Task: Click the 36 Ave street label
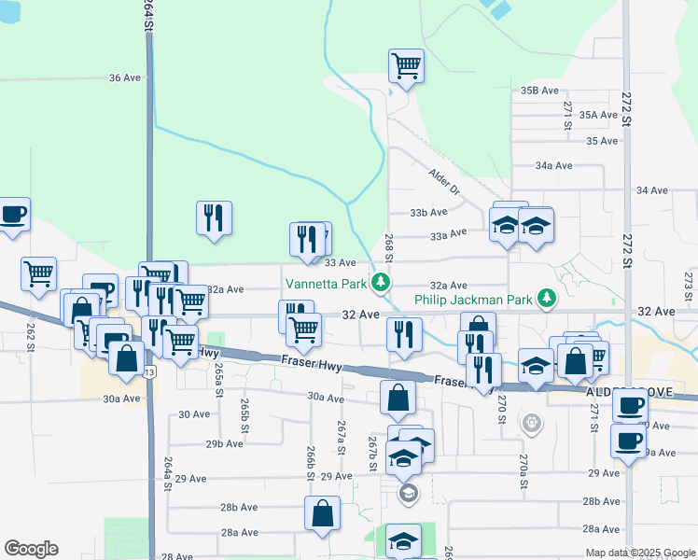click(x=124, y=77)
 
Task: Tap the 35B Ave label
click(x=539, y=91)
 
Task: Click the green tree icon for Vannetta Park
click(x=380, y=282)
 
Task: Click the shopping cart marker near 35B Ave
click(x=406, y=66)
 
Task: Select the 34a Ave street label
click(x=553, y=165)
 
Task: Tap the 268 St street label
click(x=389, y=247)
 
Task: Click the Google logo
click(x=31, y=549)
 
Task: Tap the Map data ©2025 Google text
click(x=639, y=553)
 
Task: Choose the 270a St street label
click(x=523, y=464)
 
